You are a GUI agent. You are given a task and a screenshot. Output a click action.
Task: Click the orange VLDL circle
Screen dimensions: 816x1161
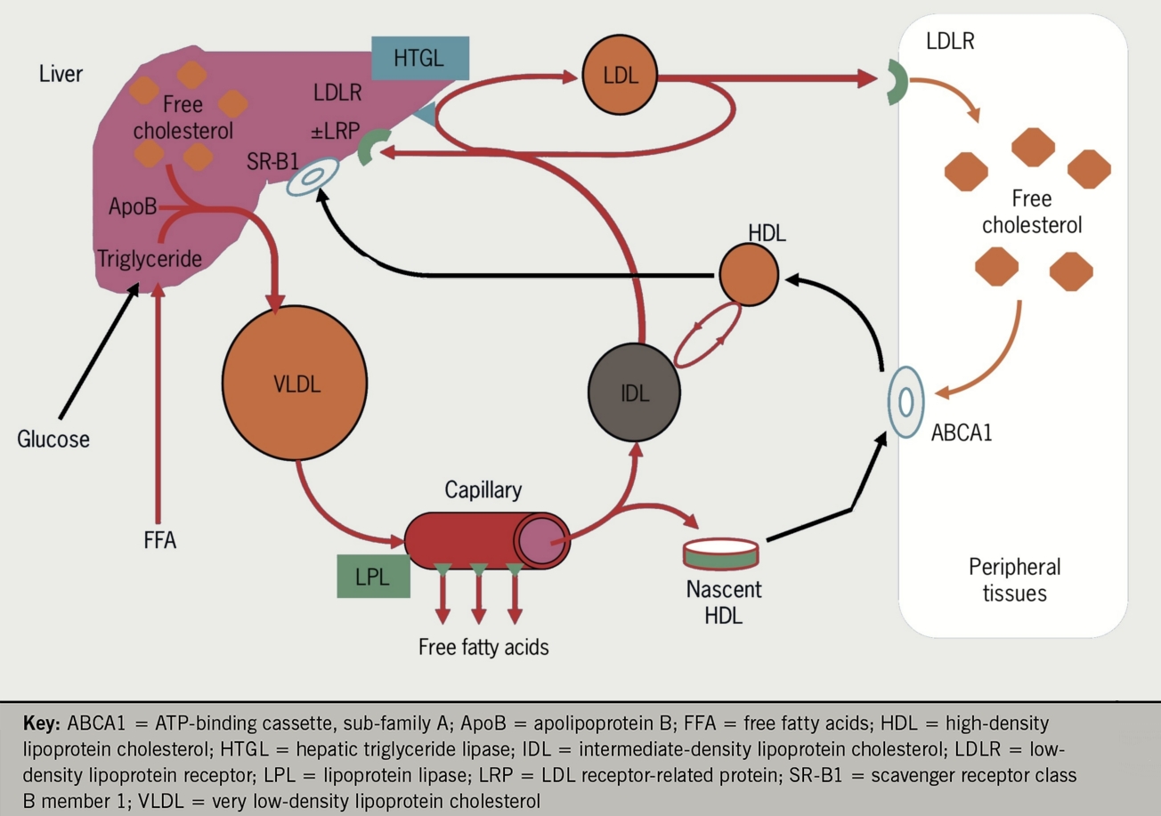coord(295,385)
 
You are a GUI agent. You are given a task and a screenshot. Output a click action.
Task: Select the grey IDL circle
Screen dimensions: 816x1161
coord(634,392)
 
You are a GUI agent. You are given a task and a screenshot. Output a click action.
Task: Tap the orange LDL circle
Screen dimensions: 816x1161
coord(620,77)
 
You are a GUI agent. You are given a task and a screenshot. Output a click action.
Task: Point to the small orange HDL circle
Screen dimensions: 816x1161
coord(749,277)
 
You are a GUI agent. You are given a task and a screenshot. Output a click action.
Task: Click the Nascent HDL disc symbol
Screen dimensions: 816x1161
coord(720,553)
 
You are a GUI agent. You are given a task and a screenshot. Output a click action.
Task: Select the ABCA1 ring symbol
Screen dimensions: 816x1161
coord(905,402)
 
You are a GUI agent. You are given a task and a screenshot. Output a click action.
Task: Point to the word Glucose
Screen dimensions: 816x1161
coord(53,439)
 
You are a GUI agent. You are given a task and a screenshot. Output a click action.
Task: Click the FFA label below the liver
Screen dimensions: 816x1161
coord(160,539)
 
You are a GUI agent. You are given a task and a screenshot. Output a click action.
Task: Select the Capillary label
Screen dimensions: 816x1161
coord(483,490)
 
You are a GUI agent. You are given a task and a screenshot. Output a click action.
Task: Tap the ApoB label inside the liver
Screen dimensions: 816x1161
coord(133,207)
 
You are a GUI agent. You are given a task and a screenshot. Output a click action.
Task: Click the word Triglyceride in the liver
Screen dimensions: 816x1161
coord(150,258)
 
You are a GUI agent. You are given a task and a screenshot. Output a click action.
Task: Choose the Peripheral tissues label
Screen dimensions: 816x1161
coord(1014,579)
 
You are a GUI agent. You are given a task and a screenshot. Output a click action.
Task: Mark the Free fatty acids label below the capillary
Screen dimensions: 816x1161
coord(483,647)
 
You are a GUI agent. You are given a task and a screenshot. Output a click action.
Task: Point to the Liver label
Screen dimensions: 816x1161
coord(61,73)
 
